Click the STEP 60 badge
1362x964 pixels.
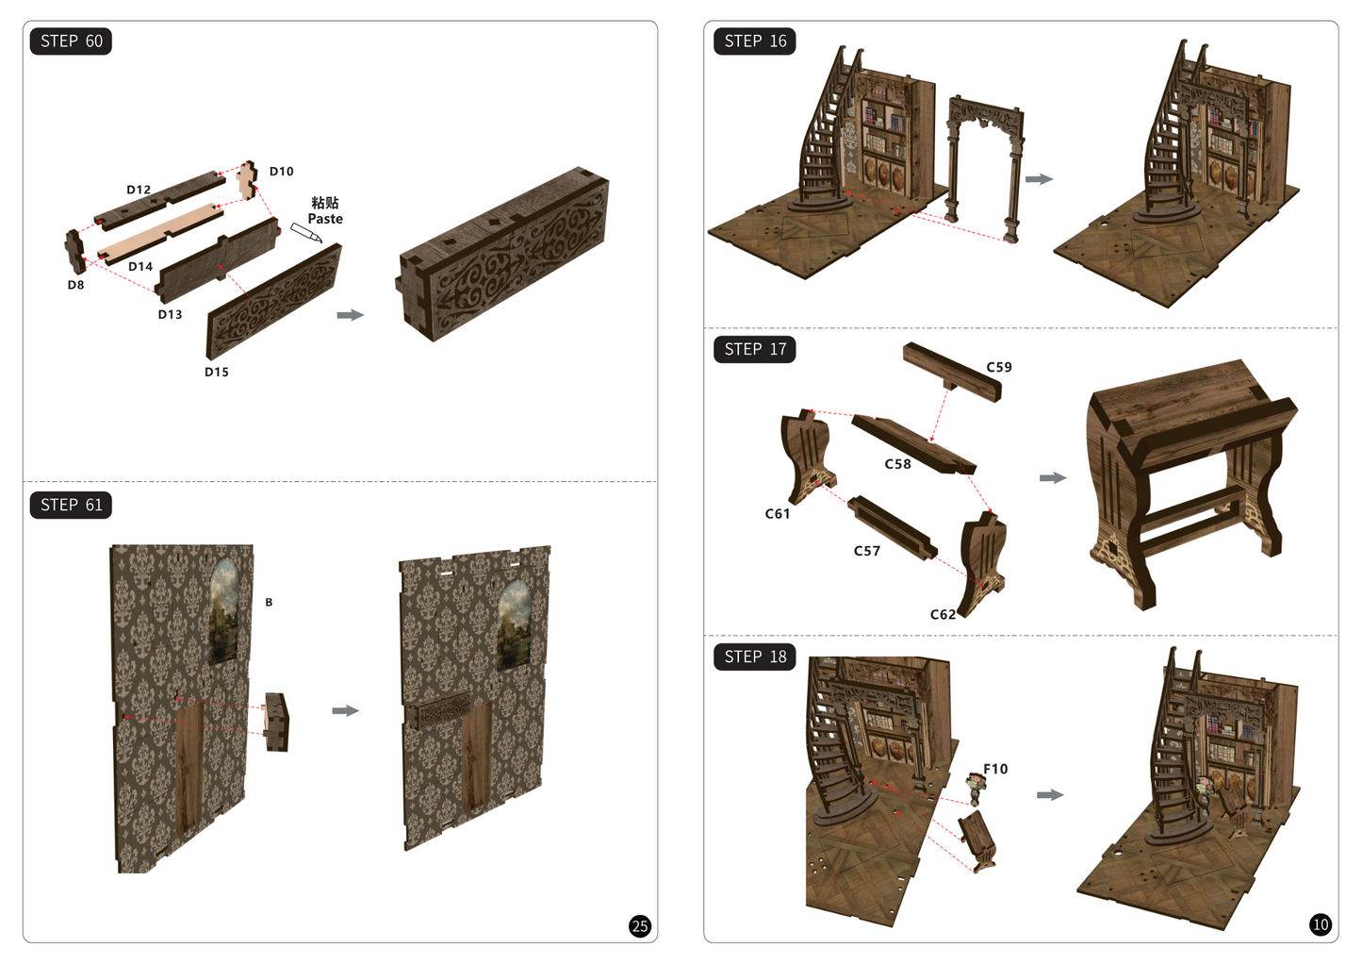pos(71,42)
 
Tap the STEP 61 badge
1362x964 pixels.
pos(71,506)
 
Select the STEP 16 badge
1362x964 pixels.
pos(755,42)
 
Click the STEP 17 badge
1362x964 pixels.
pos(755,349)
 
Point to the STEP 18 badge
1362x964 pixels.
pos(755,657)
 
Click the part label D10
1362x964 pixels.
pos(282,172)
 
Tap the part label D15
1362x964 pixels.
pos(217,372)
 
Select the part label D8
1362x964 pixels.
pos(76,285)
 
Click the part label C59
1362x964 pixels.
pos(999,367)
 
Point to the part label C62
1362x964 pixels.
pos(944,615)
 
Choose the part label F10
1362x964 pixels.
pos(995,770)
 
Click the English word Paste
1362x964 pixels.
pos(325,219)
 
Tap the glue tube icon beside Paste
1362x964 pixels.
pos(305,232)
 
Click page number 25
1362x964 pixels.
pos(640,926)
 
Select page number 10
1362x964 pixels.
pos(1321,925)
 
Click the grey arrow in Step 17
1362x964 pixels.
pos(1053,477)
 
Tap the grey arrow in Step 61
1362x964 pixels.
pos(345,710)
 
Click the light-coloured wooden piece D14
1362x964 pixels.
pos(160,234)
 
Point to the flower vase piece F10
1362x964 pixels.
pos(976,789)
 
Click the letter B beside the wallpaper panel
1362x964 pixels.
pos(269,602)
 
